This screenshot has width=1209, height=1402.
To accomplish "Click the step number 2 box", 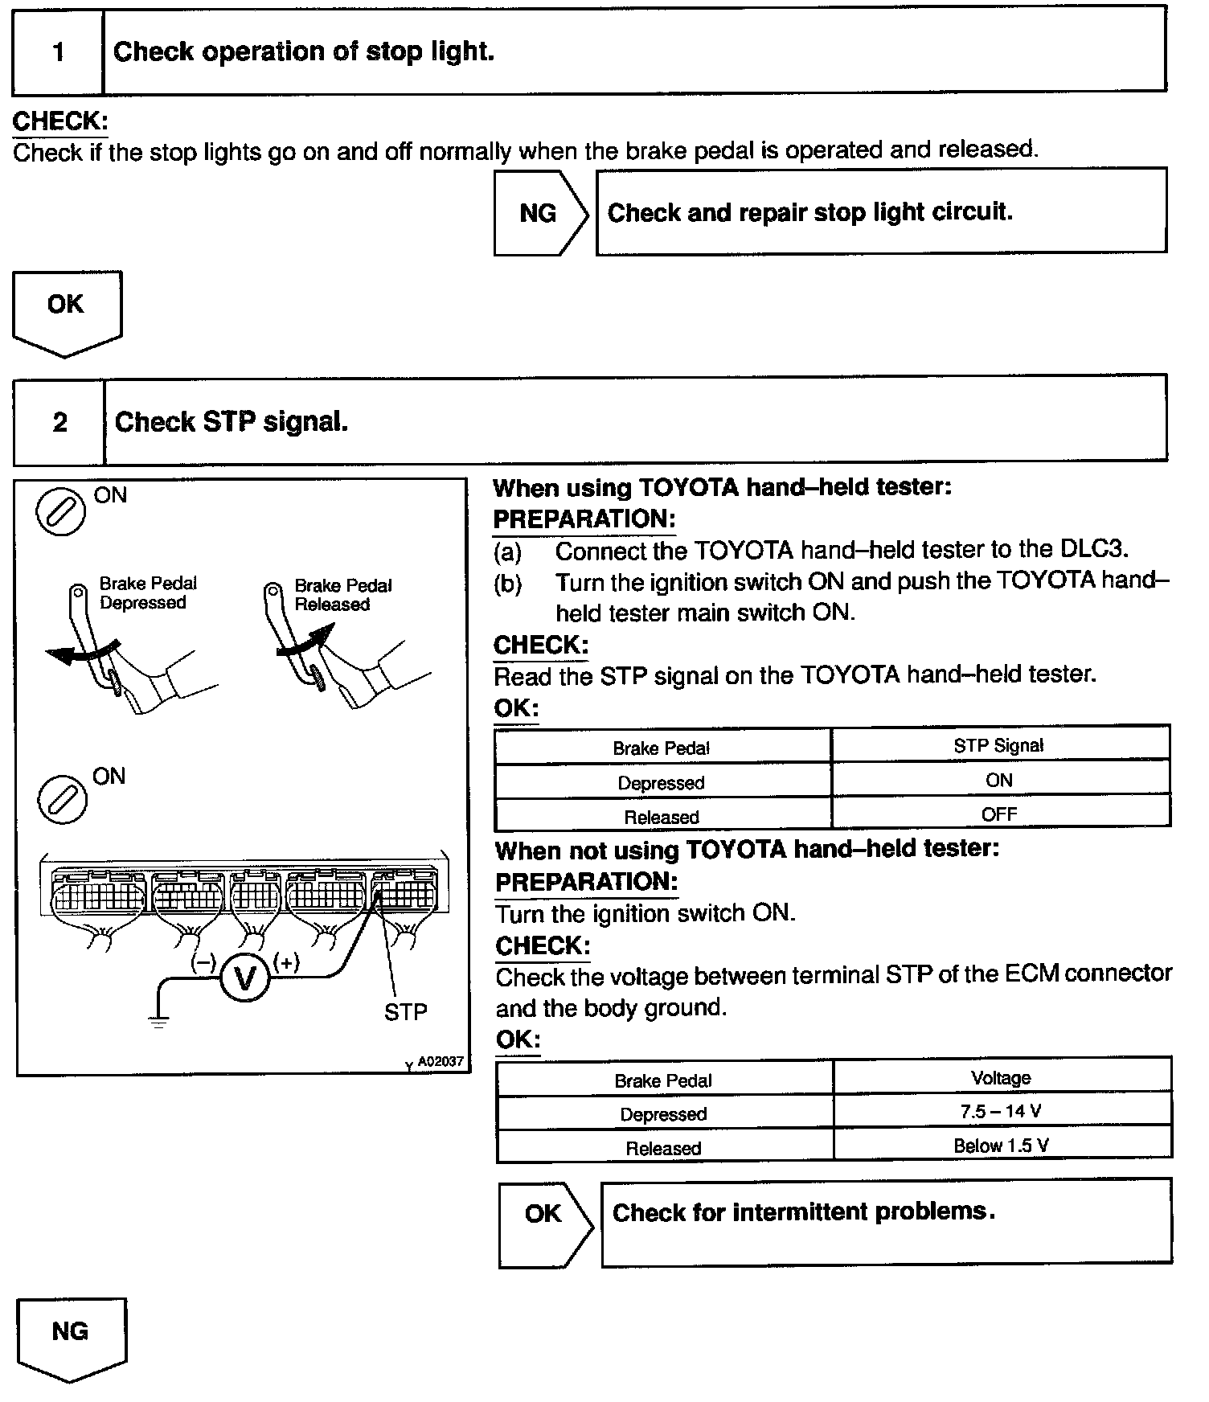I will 59,422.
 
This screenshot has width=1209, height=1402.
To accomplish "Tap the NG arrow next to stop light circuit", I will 539,213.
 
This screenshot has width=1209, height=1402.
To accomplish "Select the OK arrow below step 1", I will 66,310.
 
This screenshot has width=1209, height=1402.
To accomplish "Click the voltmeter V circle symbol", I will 244,978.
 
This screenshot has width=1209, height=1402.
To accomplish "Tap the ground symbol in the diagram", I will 158,1023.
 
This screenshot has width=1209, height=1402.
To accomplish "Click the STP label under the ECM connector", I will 405,1012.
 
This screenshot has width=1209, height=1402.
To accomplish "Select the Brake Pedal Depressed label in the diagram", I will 148,593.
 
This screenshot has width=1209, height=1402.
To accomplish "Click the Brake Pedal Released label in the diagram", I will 342,595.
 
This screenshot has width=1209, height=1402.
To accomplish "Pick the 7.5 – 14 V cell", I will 1001,1112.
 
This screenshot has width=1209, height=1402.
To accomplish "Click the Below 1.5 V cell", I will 1001,1146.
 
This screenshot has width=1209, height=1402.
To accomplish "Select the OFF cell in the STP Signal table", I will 999,814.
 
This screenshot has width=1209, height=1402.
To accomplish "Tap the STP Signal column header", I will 998,745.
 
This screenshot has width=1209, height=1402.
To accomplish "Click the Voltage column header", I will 1001,1077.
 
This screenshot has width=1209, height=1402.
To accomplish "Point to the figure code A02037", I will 441,1062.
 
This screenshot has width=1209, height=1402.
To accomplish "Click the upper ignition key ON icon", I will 61,511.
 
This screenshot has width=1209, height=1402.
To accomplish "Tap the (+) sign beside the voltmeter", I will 287,962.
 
